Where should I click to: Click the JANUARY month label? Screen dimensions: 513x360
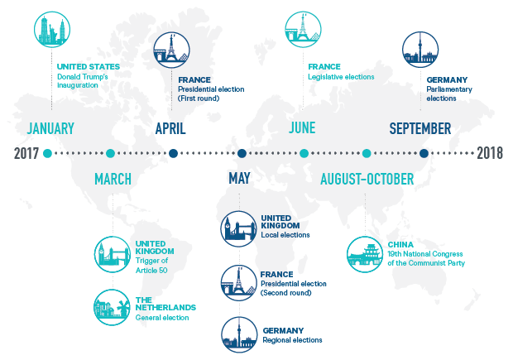click(50, 128)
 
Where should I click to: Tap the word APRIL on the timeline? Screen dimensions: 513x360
click(170, 128)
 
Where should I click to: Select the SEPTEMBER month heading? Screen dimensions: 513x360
click(420, 128)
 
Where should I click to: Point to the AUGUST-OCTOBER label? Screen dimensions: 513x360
click(367, 179)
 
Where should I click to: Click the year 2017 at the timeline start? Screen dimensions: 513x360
click(26, 153)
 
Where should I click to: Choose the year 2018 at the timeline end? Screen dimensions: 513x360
click(490, 153)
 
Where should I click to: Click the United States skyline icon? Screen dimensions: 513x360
click(52, 30)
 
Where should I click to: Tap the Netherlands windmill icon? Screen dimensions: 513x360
click(112, 307)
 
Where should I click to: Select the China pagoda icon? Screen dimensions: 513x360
click(365, 254)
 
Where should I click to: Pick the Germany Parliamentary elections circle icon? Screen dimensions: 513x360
click(420, 50)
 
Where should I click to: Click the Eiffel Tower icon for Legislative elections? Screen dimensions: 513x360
click(303, 30)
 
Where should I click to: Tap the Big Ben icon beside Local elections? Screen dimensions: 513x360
click(239, 228)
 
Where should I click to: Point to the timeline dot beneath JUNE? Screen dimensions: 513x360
click(304, 153)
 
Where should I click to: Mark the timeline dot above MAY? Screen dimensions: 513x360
click(242, 153)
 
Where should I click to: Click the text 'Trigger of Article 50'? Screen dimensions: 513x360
click(151, 266)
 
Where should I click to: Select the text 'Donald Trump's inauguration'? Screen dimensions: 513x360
click(83, 81)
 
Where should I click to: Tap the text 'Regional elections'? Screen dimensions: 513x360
click(292, 340)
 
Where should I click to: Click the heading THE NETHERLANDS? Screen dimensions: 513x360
click(165, 304)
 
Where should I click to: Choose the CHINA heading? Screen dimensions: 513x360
click(400, 244)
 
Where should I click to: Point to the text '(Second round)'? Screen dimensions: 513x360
click(286, 293)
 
